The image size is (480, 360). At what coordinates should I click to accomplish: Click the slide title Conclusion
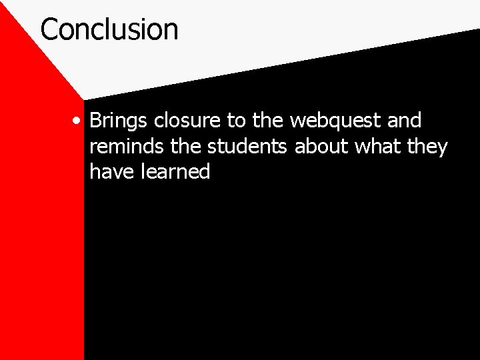[109, 29]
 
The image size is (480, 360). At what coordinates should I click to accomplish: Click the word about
[319, 146]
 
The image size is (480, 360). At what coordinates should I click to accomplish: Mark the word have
[111, 171]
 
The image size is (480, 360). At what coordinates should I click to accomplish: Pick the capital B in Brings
[96, 121]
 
